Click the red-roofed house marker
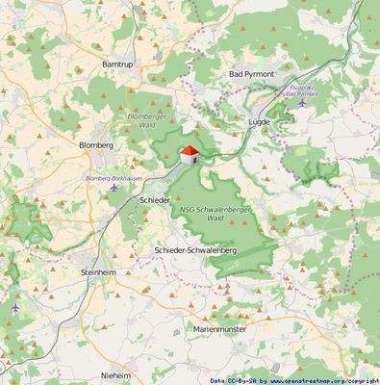coord(190,154)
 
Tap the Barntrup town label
coord(118,64)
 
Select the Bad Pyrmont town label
coord(251,74)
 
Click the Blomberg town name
coord(96,144)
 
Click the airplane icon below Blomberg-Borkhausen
coord(114,187)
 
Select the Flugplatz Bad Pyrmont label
coord(302,91)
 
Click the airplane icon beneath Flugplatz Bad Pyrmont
coord(301,103)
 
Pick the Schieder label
coord(154,200)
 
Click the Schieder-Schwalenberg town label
coord(195,249)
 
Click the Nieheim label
coord(115,373)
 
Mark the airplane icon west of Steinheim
coord(15,306)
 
